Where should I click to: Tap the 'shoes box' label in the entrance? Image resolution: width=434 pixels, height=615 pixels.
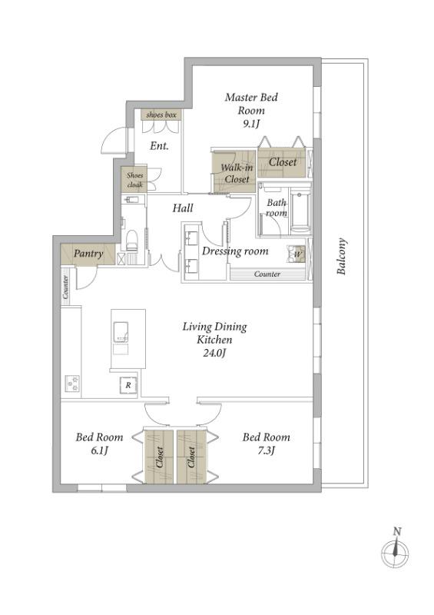pyautogui.click(x=161, y=115)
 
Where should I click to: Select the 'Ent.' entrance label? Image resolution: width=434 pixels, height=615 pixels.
pyautogui.click(x=159, y=146)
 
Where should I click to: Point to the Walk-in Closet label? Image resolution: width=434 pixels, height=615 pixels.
pyautogui.click(x=237, y=174)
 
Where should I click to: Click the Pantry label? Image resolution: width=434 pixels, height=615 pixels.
pyautogui.click(x=88, y=254)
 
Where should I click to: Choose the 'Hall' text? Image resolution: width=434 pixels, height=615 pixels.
pyautogui.click(x=183, y=208)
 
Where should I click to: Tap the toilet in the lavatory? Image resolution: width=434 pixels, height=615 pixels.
pyautogui.click(x=132, y=240)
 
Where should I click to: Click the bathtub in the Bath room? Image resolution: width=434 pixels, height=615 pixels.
pyautogui.click(x=300, y=211)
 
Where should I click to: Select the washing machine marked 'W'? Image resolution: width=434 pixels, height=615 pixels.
pyautogui.click(x=296, y=254)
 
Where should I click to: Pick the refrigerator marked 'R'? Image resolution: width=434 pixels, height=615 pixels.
pyautogui.click(x=128, y=385)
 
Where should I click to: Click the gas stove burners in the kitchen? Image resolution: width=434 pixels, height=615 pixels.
pyautogui.click(x=72, y=383)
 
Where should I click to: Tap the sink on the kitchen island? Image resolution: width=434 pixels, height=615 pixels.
pyautogui.click(x=121, y=331)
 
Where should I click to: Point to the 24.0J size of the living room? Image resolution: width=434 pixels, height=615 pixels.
pyautogui.click(x=214, y=353)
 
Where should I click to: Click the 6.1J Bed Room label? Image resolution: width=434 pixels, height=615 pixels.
pyautogui.click(x=99, y=444)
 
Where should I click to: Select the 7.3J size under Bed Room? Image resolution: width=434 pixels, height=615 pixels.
pyautogui.click(x=266, y=450)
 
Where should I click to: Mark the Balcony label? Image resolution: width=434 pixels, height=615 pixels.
pyautogui.click(x=342, y=256)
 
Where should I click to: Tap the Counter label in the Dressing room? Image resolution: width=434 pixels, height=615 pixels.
pyautogui.click(x=267, y=274)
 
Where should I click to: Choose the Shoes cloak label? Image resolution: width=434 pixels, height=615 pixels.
pyautogui.click(x=135, y=180)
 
